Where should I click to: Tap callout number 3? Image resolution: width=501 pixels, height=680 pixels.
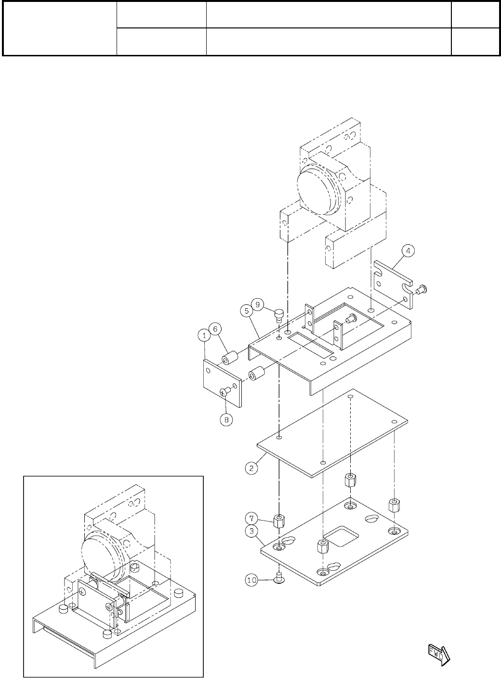(251, 532)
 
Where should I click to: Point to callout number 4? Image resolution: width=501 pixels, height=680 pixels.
(408, 250)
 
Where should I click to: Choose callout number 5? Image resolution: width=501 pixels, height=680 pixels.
(246, 311)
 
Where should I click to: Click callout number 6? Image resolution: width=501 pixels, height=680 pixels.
(216, 328)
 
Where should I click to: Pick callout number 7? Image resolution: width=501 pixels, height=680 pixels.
(251, 519)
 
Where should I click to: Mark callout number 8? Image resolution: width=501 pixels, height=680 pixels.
(226, 420)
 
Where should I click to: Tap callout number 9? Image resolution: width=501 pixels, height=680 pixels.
(258, 304)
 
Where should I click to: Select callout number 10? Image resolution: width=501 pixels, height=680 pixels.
(252, 580)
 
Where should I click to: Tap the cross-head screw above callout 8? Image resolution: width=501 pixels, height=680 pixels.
(225, 392)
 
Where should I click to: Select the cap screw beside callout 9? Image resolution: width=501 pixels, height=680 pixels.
(278, 315)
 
